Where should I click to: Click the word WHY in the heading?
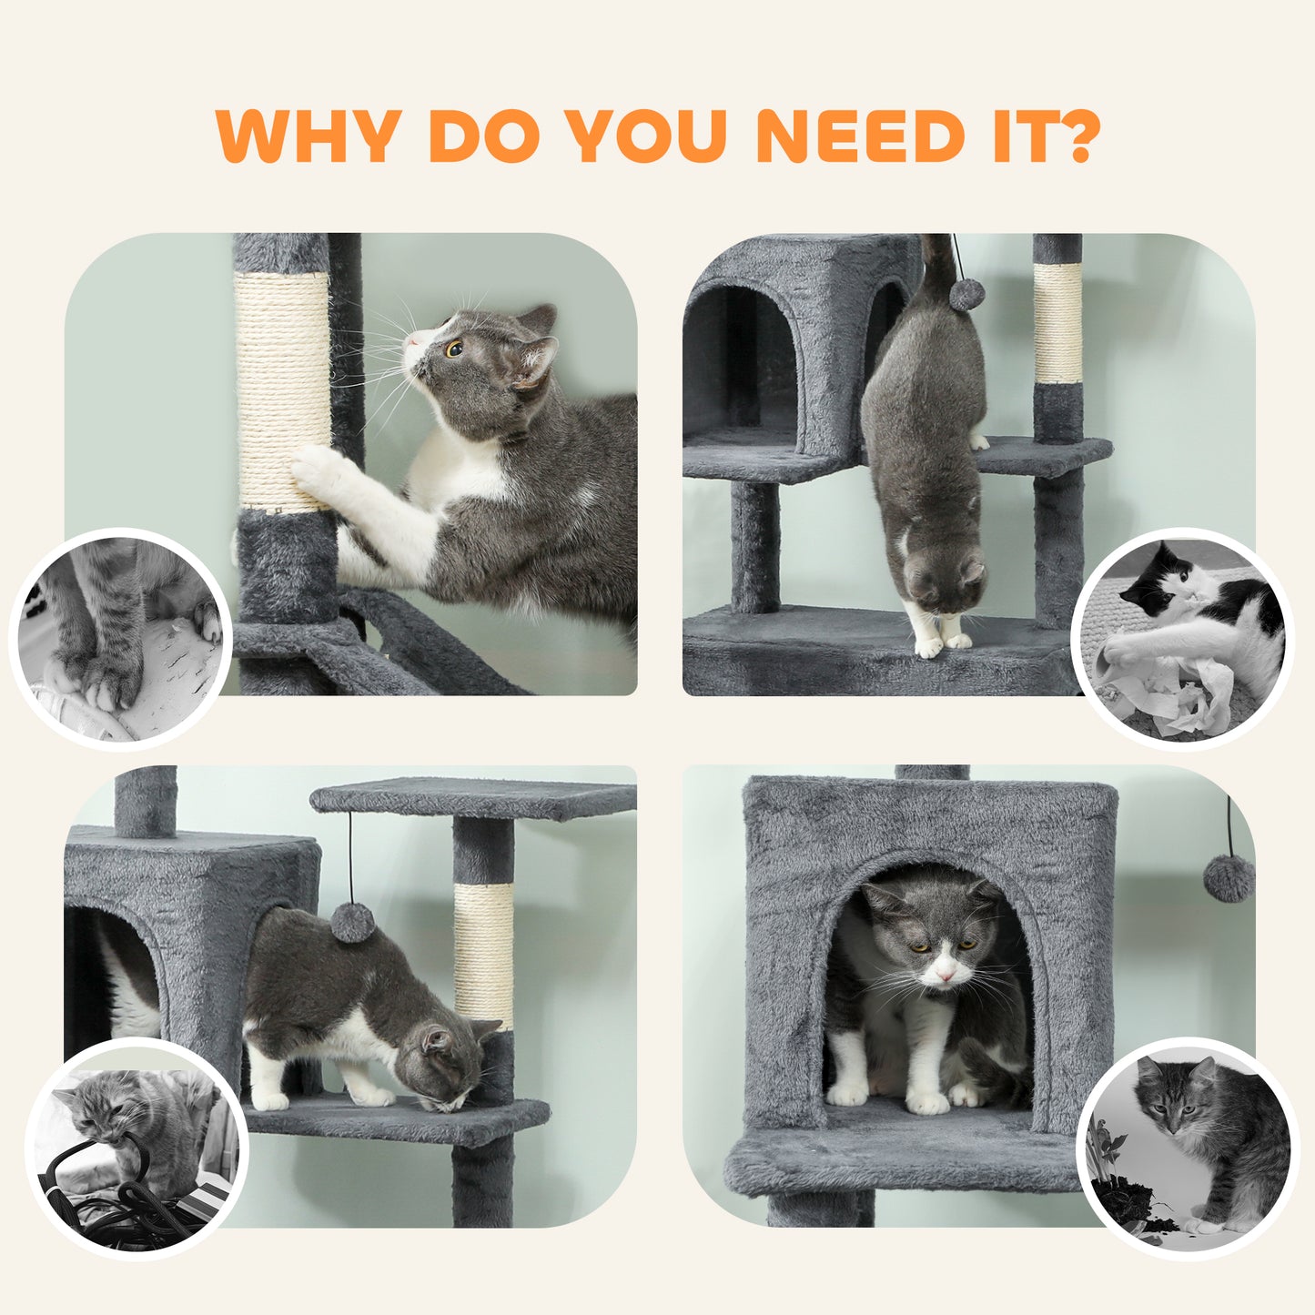309,137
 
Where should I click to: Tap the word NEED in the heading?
860,137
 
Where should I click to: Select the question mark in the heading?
1072,137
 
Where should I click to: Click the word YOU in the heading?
645,137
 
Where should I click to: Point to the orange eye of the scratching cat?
453,348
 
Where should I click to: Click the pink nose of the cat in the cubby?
946,976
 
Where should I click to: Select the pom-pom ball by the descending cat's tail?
967,295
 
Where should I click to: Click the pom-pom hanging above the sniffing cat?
352,922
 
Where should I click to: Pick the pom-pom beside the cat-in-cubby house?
1229,878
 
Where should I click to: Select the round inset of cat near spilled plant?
1189,1149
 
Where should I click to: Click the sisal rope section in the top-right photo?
1057,323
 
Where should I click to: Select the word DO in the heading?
482,137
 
